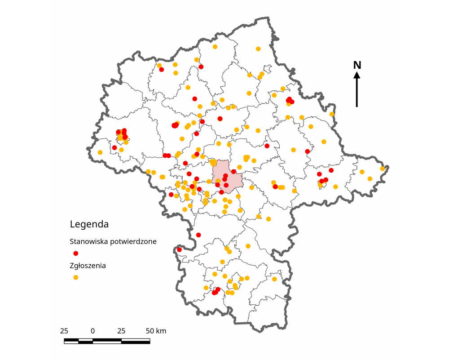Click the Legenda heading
coord(89,224)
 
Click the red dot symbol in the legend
coord(76,253)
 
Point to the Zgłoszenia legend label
coord(88,266)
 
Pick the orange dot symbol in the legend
coord(76,277)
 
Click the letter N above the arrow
coord(357,65)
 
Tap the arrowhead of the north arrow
coord(357,76)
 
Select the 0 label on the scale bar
coord(92,331)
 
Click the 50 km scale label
coord(156,331)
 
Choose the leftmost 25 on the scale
coord(64,331)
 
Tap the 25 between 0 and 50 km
coord(121,331)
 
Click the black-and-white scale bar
coord(107,341)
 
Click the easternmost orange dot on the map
coord(383,169)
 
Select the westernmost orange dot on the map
coord(100,152)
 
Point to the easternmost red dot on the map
coord(331,170)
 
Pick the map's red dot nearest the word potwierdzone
coord(179,249)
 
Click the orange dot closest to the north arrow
coord(332,114)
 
